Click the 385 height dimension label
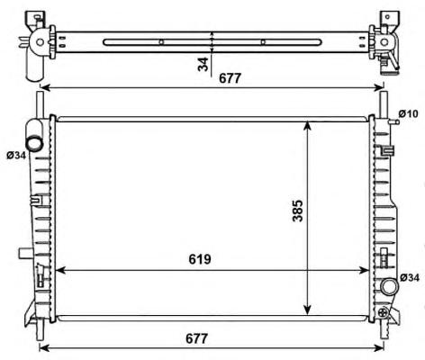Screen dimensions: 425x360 tap(298, 211)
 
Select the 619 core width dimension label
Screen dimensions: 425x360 tap(200, 259)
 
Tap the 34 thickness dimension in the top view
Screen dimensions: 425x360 tap(203, 64)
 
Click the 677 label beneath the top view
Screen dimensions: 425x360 tap(231, 78)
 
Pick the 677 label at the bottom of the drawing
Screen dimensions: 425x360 tap(196, 338)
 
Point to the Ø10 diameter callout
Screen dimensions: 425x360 tap(408, 113)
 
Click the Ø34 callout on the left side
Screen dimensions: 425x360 tap(16, 155)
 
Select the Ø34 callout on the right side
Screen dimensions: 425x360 tap(410, 278)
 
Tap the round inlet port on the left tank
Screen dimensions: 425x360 tap(33, 143)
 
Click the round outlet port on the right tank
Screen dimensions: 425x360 tap(389, 286)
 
